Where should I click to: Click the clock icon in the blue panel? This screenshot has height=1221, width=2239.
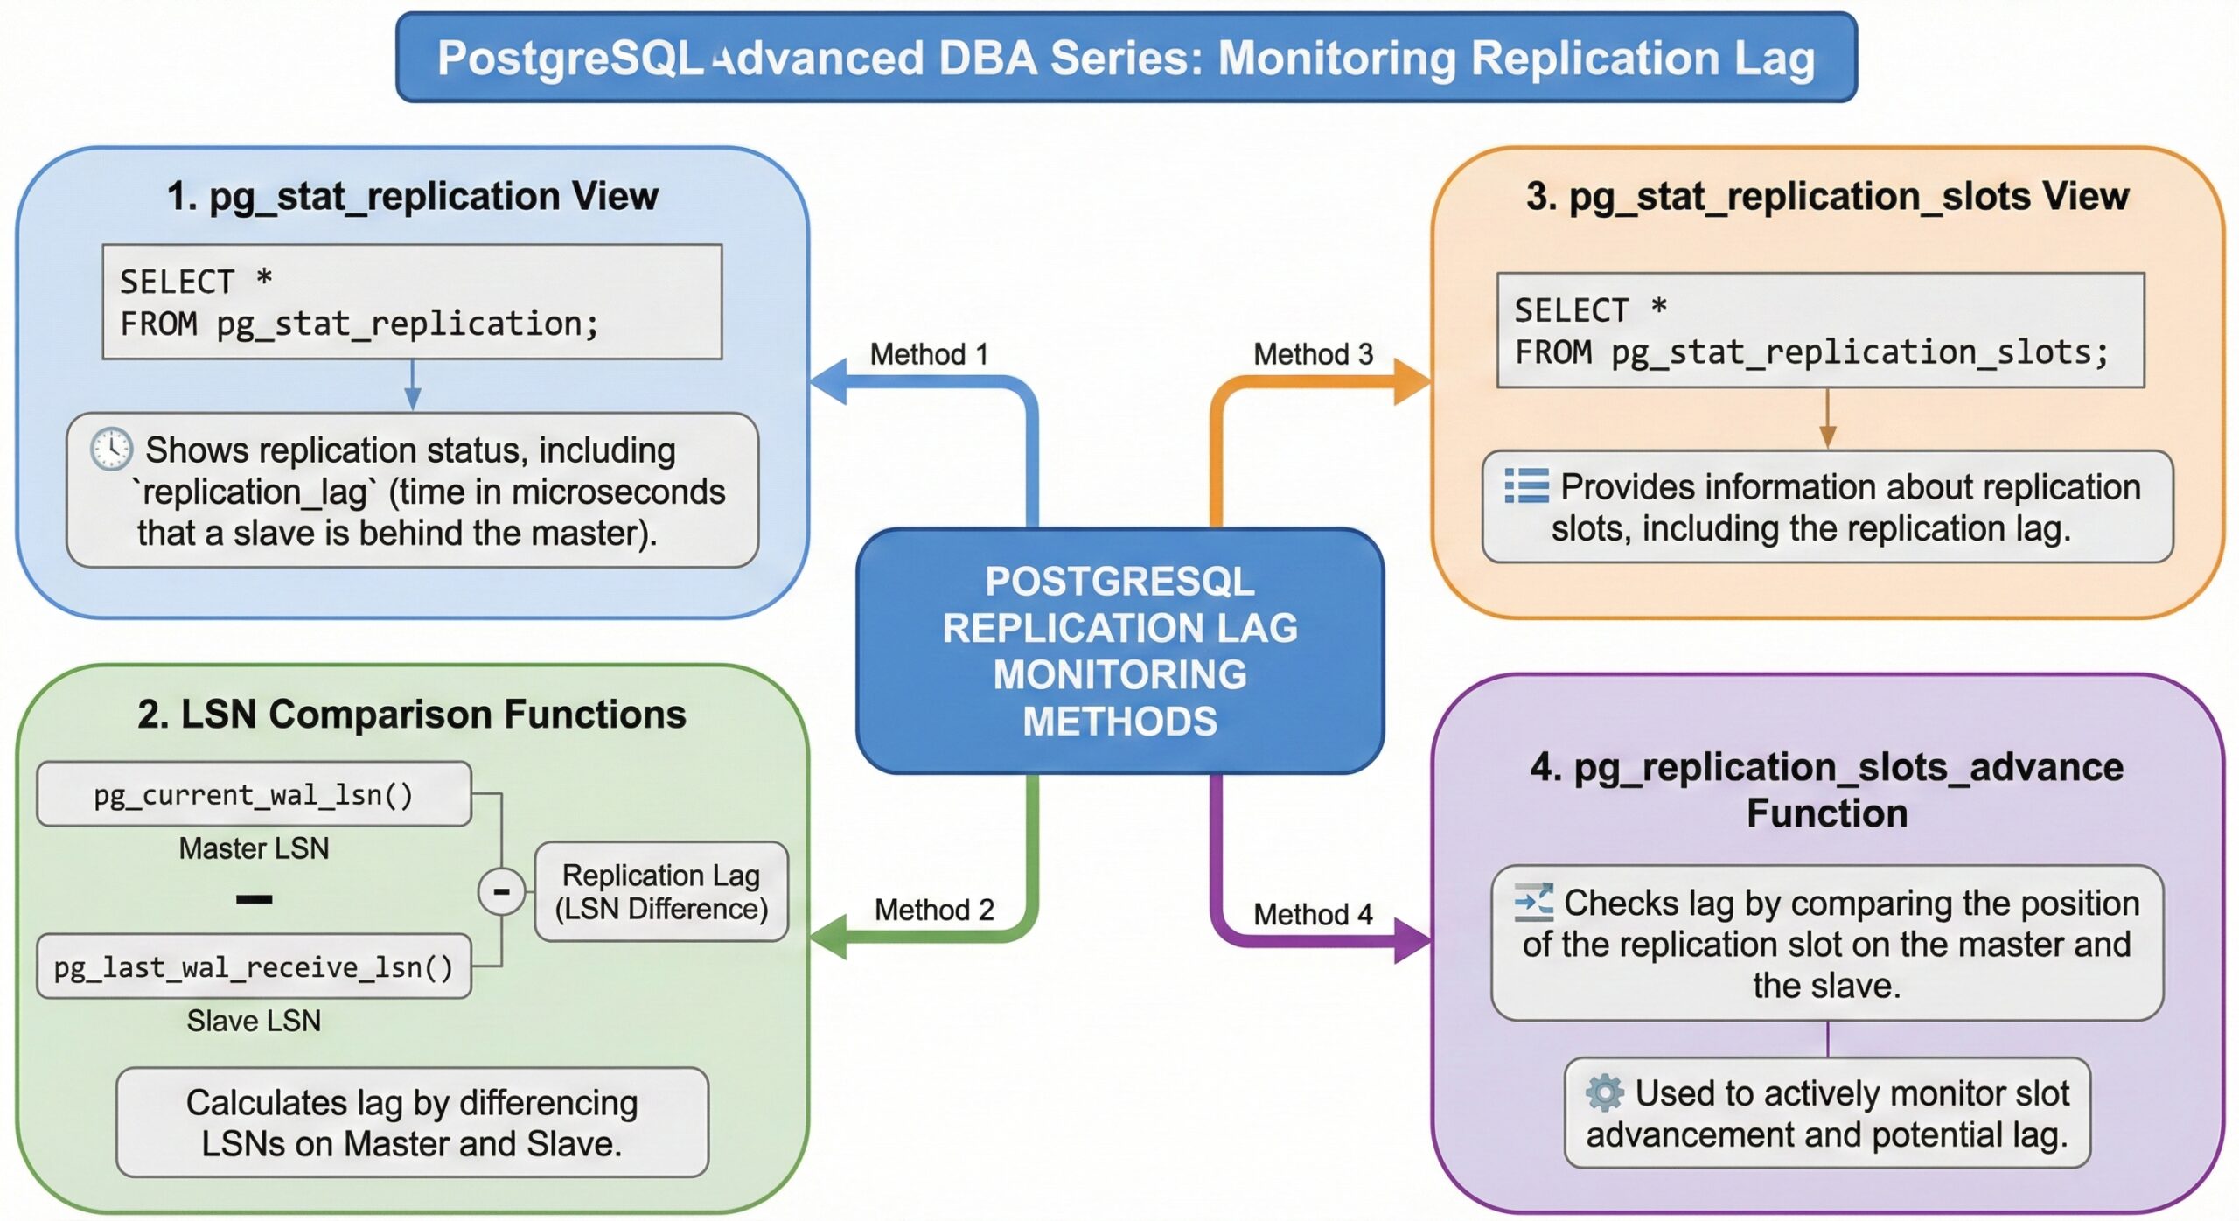pyautogui.click(x=112, y=450)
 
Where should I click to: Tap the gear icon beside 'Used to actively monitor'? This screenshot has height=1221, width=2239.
pyautogui.click(x=1604, y=1093)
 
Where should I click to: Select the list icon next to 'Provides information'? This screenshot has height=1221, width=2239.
pyautogui.click(x=1526, y=486)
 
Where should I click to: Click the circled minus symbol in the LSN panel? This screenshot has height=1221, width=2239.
pyautogui.click(x=501, y=891)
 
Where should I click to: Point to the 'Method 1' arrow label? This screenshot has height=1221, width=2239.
pyautogui.click(x=928, y=354)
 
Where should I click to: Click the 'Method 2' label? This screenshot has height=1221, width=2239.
pyautogui.click(x=933, y=910)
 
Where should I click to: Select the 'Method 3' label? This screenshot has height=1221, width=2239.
pyautogui.click(x=1313, y=354)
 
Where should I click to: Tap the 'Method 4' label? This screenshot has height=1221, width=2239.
pyautogui.click(x=1313, y=914)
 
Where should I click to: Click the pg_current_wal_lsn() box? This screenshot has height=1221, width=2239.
pyautogui.click(x=254, y=794)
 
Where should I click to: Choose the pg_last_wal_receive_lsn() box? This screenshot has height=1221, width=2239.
pyautogui.click(x=254, y=966)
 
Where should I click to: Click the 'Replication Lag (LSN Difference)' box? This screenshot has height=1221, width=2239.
pyautogui.click(x=661, y=891)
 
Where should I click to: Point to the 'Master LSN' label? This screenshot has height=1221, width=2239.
pyautogui.click(x=254, y=848)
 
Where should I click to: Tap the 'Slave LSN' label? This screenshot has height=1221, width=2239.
pyautogui.click(x=254, y=1021)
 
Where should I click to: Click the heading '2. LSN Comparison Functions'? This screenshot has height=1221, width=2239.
pyautogui.click(x=411, y=715)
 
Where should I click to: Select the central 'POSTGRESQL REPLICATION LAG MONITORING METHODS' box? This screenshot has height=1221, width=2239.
pyautogui.click(x=1119, y=651)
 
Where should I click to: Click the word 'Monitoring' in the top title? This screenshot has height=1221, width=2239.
pyautogui.click(x=1336, y=59)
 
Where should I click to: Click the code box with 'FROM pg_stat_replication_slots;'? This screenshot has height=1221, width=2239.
pyautogui.click(x=1820, y=331)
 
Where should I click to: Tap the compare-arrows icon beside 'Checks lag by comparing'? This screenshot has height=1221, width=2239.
pyautogui.click(x=1533, y=903)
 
